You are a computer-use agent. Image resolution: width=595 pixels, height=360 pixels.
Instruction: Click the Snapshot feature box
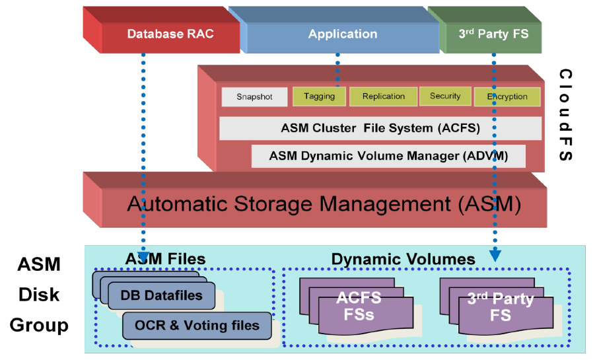click(x=255, y=96)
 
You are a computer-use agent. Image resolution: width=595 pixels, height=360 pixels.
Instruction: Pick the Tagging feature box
click(x=319, y=96)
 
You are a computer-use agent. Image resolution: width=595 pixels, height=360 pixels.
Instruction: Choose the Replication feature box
click(x=383, y=96)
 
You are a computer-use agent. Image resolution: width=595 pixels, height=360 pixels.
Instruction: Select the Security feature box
click(x=445, y=96)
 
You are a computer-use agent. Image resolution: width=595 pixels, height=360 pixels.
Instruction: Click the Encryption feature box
click(x=507, y=96)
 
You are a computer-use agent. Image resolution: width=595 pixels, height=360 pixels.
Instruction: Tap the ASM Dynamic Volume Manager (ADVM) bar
click(x=388, y=157)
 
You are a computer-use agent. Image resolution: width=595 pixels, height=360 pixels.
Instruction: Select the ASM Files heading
click(x=166, y=258)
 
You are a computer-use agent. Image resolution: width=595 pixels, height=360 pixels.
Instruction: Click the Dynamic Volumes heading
click(x=403, y=260)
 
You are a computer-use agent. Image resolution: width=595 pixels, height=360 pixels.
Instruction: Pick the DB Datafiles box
click(x=161, y=295)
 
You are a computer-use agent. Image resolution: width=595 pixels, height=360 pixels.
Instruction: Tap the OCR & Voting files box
click(x=197, y=325)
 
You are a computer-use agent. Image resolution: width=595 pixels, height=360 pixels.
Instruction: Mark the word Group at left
click(x=39, y=325)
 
